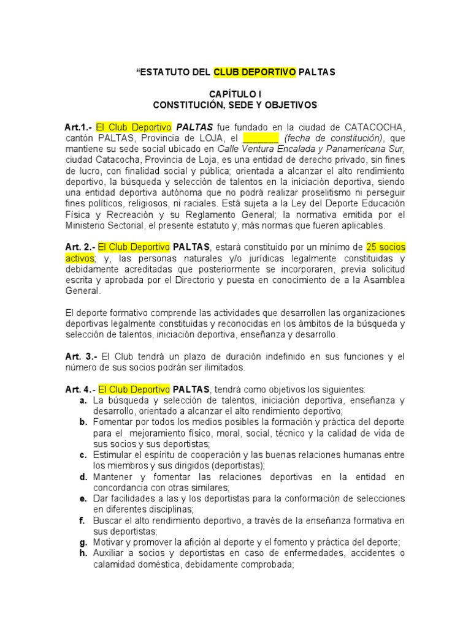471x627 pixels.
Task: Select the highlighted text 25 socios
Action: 385,247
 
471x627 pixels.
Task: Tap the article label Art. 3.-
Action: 81,356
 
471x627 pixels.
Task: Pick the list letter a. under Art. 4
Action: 82,400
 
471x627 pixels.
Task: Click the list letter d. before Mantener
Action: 83,476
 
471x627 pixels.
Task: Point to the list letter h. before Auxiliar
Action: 83,554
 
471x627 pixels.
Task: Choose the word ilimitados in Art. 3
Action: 207,367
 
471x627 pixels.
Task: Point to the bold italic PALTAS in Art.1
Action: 196,127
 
